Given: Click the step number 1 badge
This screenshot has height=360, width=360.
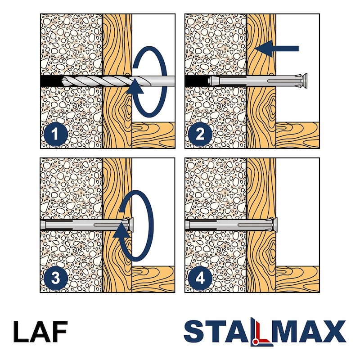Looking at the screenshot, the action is (x=55, y=134).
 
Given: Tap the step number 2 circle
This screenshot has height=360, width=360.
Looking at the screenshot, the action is (x=200, y=134).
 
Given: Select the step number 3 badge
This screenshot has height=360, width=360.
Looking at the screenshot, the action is (x=55, y=278).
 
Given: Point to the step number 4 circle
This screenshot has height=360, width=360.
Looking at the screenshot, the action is (x=200, y=278).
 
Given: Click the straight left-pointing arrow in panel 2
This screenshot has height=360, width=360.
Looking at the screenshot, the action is (x=277, y=49).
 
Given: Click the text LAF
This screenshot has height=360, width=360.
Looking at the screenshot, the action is (x=40, y=332).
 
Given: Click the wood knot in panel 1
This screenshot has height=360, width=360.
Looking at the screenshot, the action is (x=127, y=107).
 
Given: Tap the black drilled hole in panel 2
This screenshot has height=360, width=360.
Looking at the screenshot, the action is (x=197, y=81).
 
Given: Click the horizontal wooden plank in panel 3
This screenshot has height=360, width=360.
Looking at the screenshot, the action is (x=153, y=279).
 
